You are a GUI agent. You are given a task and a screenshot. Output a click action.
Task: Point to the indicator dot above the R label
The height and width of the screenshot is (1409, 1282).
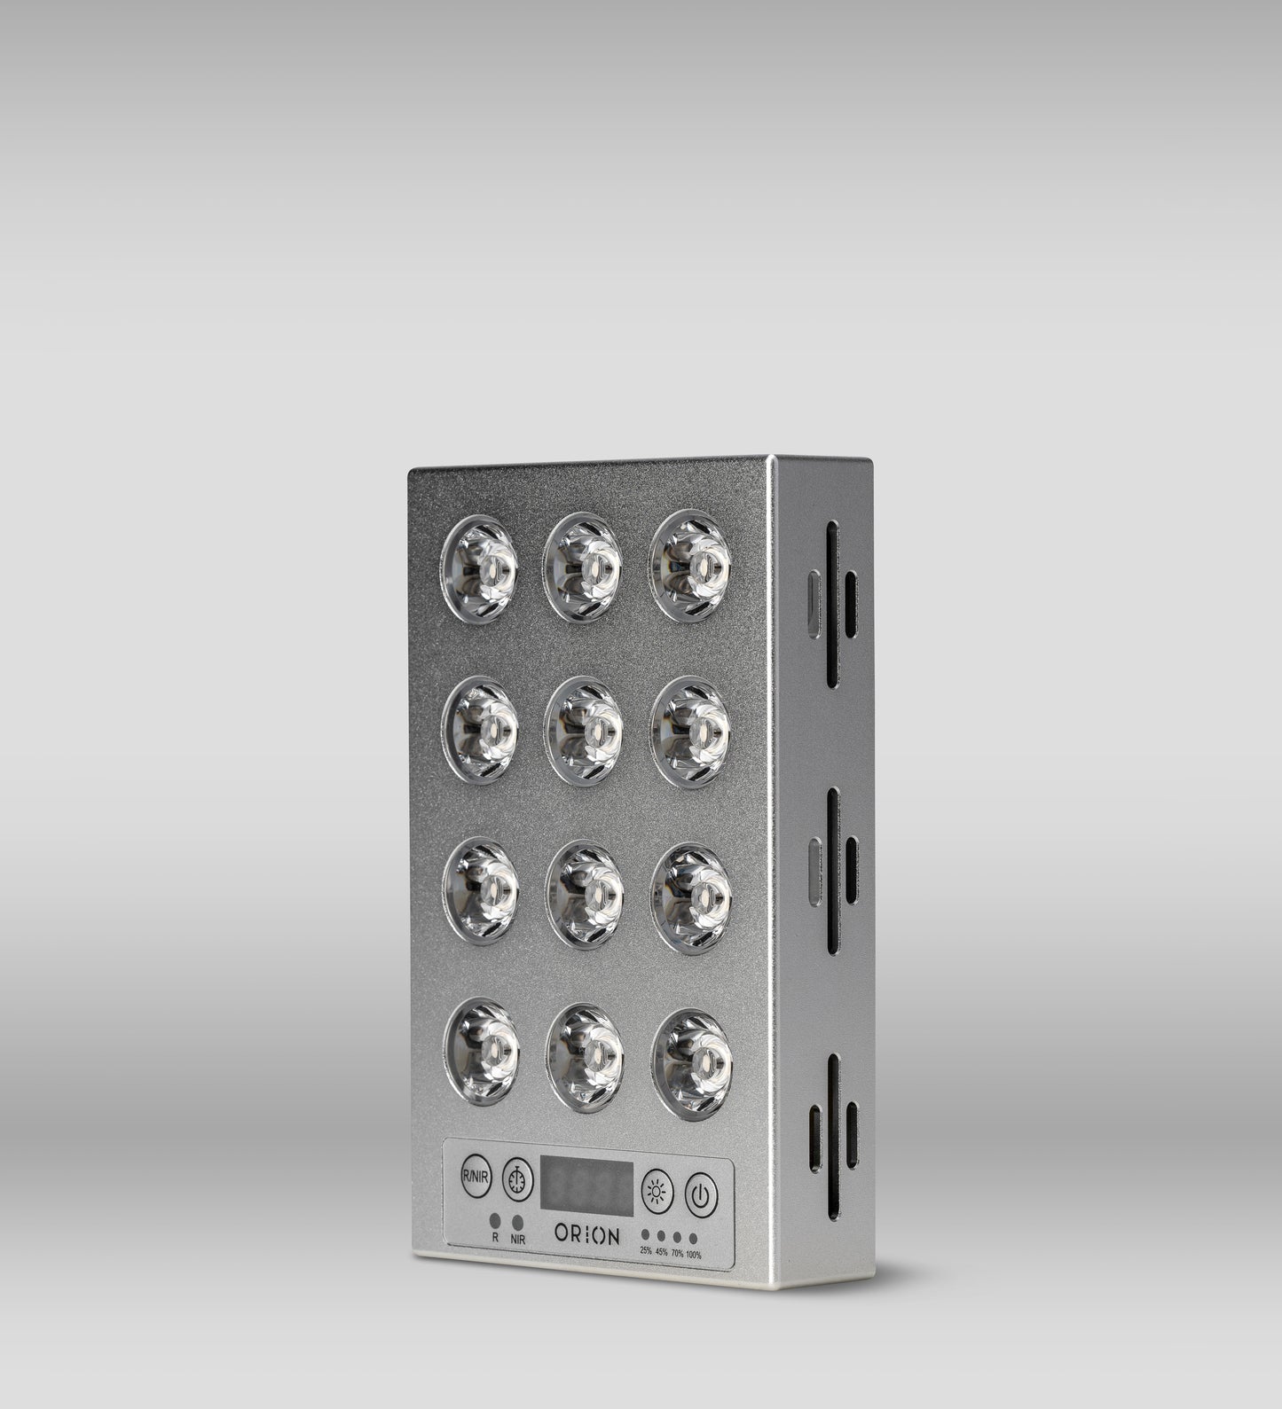pos(495,1222)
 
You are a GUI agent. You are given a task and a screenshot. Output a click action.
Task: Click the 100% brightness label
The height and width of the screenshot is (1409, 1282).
pos(693,1255)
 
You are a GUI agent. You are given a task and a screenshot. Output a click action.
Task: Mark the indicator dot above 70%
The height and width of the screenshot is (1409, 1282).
pos(677,1237)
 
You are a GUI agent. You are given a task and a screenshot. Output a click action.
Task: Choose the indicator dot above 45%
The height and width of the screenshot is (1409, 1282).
pos(661,1235)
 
